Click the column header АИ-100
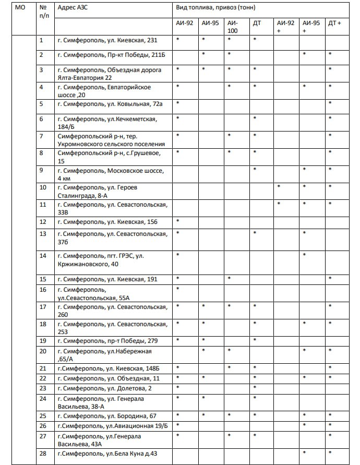[233, 27]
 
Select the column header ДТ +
[334, 23]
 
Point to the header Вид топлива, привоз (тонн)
[215, 8]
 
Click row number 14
[43, 256]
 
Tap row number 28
[43, 454]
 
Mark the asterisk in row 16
[178, 289]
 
